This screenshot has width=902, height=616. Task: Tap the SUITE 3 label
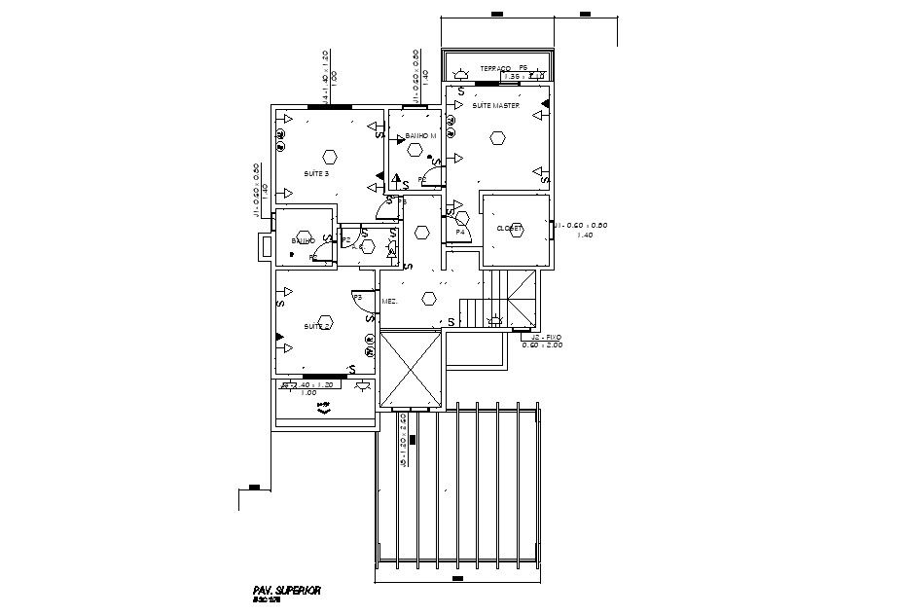coord(316,174)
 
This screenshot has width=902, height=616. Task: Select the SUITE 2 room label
coord(316,326)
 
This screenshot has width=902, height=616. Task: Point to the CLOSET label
coord(510,229)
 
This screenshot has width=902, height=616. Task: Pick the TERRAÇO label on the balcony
coord(494,69)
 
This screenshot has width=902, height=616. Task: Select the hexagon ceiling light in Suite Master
coord(498,138)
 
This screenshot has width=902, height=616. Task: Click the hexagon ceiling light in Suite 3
coord(330,156)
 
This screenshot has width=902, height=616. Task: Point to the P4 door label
coord(459,232)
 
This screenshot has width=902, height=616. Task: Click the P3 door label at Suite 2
coord(357,297)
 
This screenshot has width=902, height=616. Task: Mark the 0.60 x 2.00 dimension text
coord(541,345)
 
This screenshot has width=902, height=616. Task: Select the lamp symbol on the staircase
coord(494,320)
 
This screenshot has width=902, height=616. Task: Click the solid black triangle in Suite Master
coord(546,102)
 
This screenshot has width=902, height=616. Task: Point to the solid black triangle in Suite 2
coord(280,336)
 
